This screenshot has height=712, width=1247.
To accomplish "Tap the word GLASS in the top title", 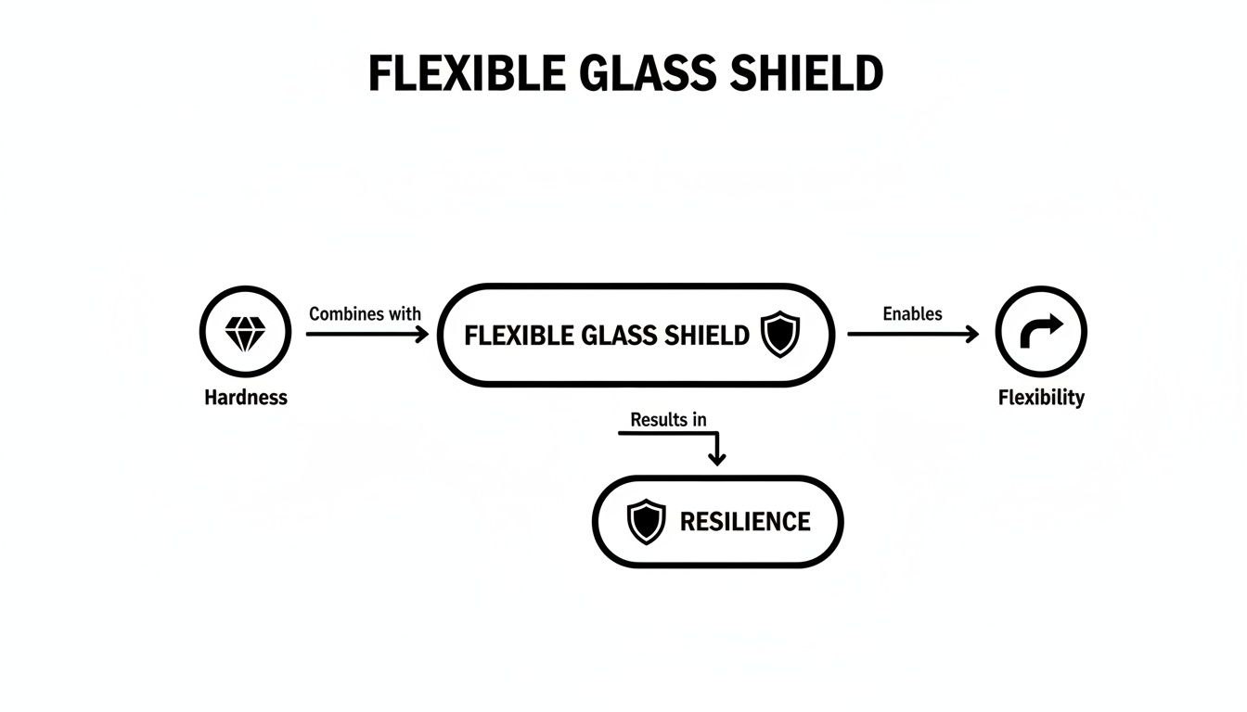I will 634,74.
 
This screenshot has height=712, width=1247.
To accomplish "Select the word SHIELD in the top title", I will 805,74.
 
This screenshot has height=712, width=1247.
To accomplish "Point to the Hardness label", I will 246,398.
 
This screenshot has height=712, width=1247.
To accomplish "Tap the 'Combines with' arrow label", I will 365,313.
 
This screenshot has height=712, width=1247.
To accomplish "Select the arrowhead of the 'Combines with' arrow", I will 422,334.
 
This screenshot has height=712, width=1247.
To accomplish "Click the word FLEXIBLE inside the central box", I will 518,336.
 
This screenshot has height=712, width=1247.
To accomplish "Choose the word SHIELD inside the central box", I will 711,336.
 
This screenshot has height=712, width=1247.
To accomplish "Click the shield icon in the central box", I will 780,335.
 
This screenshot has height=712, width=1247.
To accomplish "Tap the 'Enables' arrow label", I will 912,313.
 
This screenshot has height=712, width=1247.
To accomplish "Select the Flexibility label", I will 1041,398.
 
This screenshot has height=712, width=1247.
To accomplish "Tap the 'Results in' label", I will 668,419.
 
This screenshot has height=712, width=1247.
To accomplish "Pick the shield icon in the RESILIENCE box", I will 646,521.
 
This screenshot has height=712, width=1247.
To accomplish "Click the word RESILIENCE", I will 745,521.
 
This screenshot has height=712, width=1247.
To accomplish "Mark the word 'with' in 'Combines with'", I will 404,313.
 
